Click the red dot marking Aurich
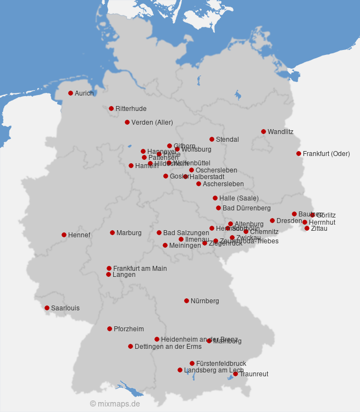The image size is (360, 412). [70, 93]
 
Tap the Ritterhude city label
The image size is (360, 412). [131, 109]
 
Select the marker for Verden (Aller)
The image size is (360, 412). [127, 122]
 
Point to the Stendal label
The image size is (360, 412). [227, 140]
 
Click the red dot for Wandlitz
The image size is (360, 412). [263, 131]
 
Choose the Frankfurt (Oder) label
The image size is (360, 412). [326, 154]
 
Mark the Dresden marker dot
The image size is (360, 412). [272, 220]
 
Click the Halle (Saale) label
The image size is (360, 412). [239, 198]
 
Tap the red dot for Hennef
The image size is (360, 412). [64, 235]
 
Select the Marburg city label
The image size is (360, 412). [129, 233]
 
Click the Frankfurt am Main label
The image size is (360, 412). [140, 269]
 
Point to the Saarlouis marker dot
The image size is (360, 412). [47, 308]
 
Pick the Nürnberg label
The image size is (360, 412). [204, 301]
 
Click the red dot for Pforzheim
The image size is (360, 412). [109, 329]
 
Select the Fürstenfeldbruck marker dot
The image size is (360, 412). [192, 363]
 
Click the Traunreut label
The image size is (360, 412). [254, 374]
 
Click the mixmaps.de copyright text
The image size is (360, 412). [115, 404]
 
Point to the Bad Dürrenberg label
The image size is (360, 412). [246, 208]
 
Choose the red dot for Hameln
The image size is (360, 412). [131, 165]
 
